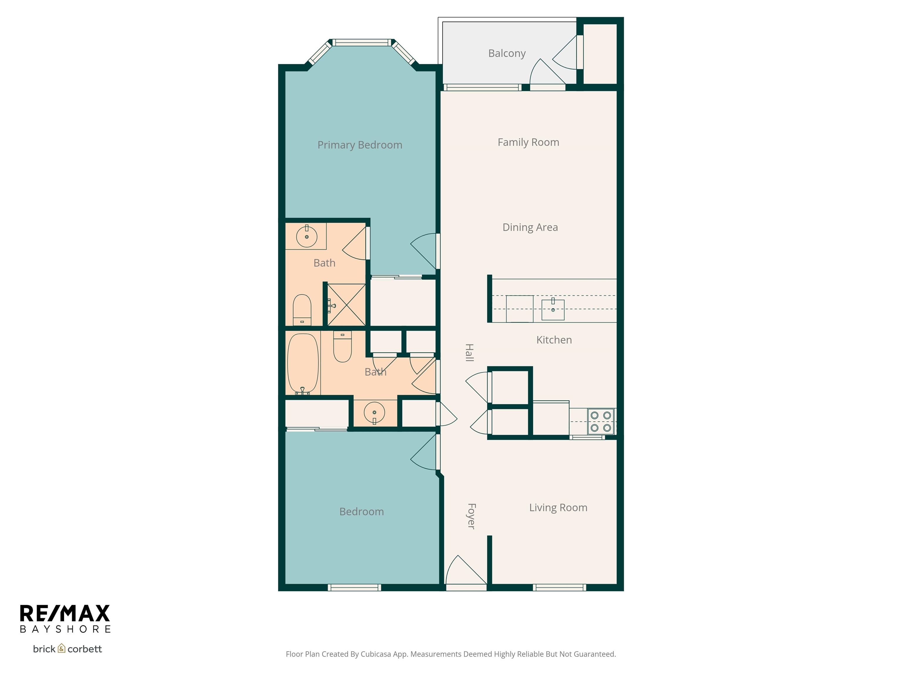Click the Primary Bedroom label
360,145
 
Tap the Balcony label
506,53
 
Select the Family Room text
528,143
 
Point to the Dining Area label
530,227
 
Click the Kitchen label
554,340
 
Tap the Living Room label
558,508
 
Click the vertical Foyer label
471,516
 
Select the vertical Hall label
469,353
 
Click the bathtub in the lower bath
302,363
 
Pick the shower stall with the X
346,304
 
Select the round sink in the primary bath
307,236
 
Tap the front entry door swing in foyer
465,571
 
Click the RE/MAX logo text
65,613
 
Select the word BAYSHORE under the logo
65,629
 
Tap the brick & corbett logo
67,649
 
